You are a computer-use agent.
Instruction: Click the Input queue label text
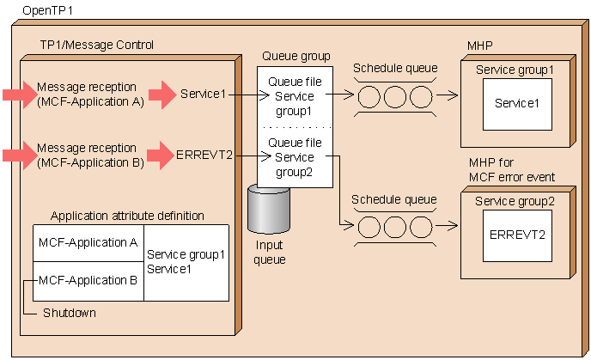[x=272, y=252]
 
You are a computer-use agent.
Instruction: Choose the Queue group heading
[x=295, y=57]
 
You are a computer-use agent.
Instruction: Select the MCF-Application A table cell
[x=88, y=243]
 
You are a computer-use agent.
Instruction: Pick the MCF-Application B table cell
[x=88, y=279]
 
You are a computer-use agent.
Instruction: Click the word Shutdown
[x=69, y=313]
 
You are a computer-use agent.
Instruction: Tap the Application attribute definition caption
[x=127, y=216]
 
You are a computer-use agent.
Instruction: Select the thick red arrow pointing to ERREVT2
[x=161, y=156]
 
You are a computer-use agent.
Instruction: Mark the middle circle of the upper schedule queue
[x=394, y=95]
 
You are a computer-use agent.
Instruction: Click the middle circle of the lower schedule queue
[x=394, y=227]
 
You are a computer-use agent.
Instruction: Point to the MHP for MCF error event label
[x=511, y=171]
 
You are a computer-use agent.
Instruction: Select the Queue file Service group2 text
[x=295, y=157]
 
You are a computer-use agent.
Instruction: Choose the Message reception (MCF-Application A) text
[x=90, y=95]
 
